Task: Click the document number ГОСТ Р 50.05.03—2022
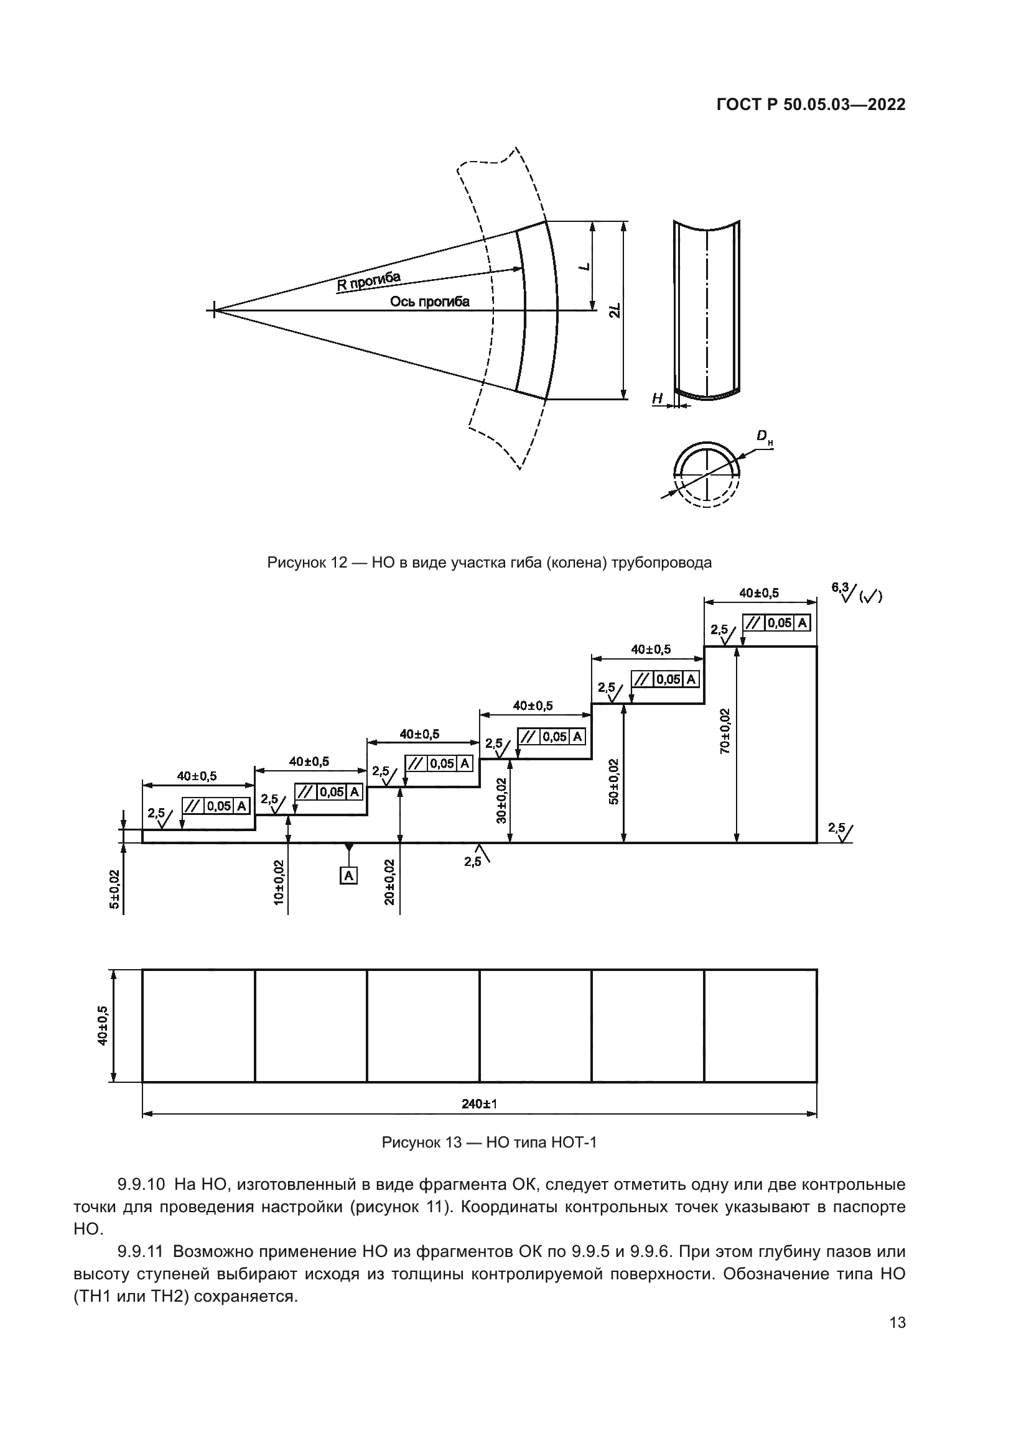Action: (x=811, y=105)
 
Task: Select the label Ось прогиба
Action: (x=430, y=301)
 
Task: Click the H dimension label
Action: (x=657, y=398)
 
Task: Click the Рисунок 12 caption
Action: (x=489, y=563)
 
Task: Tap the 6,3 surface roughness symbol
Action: (x=847, y=594)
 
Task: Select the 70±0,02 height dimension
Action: (x=725, y=731)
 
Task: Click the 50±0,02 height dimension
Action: (x=613, y=781)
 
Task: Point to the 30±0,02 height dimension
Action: (x=501, y=801)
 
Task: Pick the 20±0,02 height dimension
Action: (x=389, y=881)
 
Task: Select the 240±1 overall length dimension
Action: (x=479, y=1104)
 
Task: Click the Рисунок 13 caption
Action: (x=488, y=1143)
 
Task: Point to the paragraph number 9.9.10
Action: (x=141, y=1184)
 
